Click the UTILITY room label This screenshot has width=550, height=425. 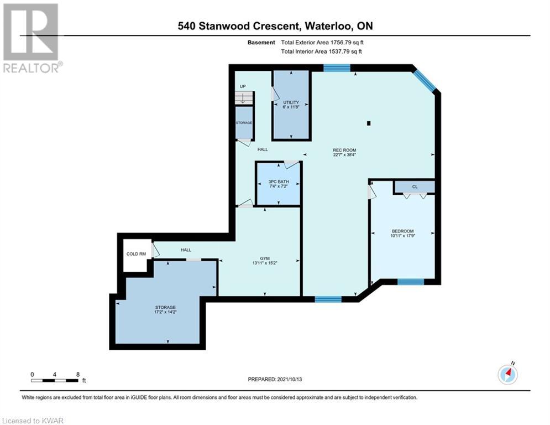[x=291, y=102]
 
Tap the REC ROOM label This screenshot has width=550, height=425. [x=344, y=150]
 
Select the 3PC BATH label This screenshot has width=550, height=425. [x=279, y=182]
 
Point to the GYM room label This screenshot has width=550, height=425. [x=265, y=258]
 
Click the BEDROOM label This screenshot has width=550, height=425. [x=402, y=231]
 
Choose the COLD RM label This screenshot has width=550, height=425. [x=136, y=254]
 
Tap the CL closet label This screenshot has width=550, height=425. [x=415, y=187]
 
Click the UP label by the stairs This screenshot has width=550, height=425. [x=243, y=86]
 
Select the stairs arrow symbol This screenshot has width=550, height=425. [x=243, y=98]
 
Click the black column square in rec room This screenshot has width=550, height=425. [x=369, y=123]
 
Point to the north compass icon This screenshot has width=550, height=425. [x=507, y=374]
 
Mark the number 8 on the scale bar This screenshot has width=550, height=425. [x=78, y=375]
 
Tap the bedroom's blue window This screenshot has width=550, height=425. [x=410, y=281]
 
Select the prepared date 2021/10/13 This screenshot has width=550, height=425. [x=290, y=379]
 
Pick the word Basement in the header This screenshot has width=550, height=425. [x=261, y=43]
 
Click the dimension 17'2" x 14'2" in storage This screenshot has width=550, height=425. [x=165, y=312]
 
